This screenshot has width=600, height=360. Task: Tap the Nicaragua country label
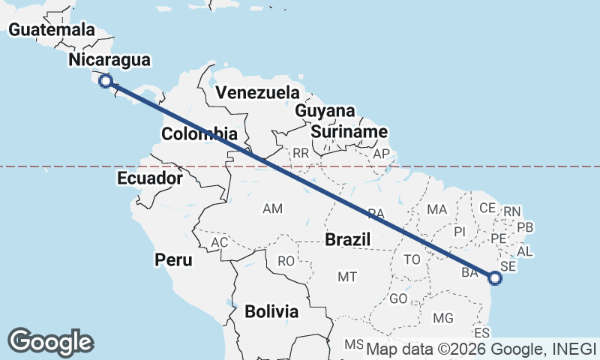coord(109,60)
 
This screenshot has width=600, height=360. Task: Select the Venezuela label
coord(257,93)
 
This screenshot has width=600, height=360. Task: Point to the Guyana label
coord(325,111)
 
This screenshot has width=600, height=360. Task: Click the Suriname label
coord(349,132)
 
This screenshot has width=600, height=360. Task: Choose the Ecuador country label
coord(150,178)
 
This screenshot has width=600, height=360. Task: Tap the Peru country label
coord(174,260)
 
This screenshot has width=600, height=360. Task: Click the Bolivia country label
coord(271,310)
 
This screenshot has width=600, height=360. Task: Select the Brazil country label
coord(349,240)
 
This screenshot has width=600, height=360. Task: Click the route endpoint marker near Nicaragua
coord(106,81)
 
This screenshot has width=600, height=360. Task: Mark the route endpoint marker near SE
coord(494,278)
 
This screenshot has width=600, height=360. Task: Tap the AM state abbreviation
coord(273,208)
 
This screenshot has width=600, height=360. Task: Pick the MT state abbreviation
coord(346,277)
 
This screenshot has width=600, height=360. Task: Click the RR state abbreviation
coord(301,153)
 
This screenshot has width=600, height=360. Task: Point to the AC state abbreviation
coord(219,243)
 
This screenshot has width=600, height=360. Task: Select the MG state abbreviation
coord(443,318)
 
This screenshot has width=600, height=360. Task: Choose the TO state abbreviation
coord(412,259)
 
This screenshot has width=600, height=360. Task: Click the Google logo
coord(50,342)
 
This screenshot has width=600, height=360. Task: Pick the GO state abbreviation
coord(398,298)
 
